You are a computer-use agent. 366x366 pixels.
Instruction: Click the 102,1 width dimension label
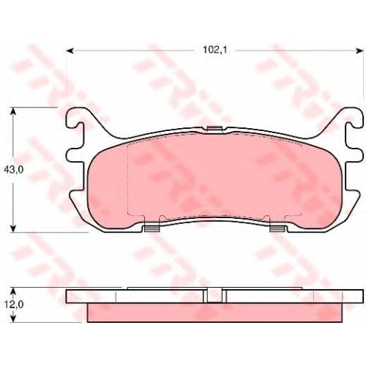coord(215,50)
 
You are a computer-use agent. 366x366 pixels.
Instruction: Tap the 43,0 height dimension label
coord(13,170)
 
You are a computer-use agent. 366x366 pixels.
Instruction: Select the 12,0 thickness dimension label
coord(13,305)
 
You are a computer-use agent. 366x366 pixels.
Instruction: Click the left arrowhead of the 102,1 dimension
coord(70,51)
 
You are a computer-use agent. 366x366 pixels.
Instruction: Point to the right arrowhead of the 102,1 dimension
coord(359,51)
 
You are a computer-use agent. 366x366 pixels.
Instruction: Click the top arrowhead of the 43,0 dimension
coord(14,111)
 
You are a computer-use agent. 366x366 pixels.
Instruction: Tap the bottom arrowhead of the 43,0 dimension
coord(14,228)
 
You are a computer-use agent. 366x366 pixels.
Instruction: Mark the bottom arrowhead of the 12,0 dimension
coord(14,318)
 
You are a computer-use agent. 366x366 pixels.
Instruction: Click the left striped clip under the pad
coord(152,228)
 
